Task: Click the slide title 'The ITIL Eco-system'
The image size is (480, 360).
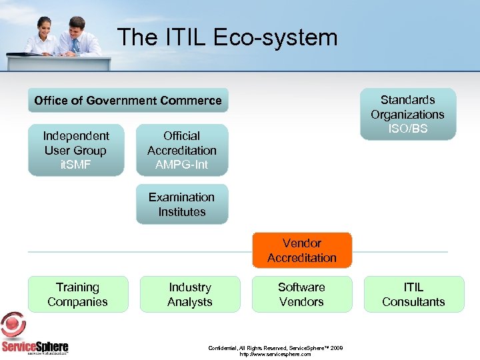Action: click(227, 37)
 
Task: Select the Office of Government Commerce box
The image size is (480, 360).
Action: click(128, 101)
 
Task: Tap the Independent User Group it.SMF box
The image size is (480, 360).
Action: click(76, 150)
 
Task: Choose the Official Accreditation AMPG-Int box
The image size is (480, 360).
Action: click(182, 150)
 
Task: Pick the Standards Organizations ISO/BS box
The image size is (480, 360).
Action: click(407, 114)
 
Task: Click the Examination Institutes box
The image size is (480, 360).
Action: click(182, 204)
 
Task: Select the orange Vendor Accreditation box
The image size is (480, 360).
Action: click(302, 250)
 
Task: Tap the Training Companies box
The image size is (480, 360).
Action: click(77, 294)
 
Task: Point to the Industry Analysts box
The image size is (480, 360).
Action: click(190, 294)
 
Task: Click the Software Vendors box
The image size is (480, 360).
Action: click(301, 294)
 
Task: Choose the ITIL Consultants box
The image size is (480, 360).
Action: click(413, 294)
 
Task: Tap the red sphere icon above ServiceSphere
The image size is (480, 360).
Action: click(13, 325)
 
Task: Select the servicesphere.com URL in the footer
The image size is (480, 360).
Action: click(275, 355)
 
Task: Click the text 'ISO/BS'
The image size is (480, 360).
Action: click(408, 129)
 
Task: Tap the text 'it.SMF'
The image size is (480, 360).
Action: click(76, 165)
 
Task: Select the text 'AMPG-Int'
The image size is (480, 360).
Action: click(182, 165)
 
